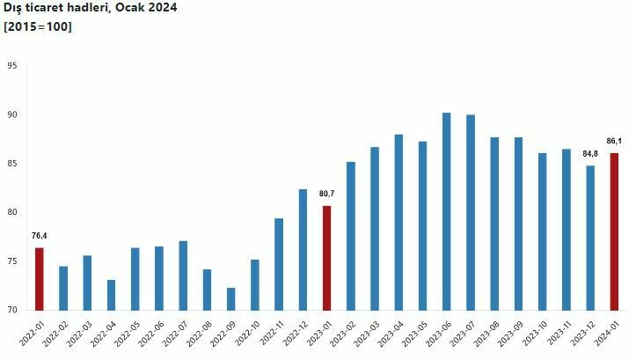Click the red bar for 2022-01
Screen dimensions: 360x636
[x=39, y=279]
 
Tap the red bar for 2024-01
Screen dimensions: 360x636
[x=614, y=231]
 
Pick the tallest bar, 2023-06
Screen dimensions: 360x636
[x=446, y=211]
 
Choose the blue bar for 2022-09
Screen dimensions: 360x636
[x=230, y=298]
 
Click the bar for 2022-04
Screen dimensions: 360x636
[x=111, y=295]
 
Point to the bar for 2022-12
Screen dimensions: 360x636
[x=303, y=249]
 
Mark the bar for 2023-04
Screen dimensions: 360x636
[x=398, y=222]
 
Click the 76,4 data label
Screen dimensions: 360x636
[x=39, y=235]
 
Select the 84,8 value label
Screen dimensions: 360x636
[x=589, y=153]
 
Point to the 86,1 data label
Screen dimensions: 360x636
[x=614, y=141]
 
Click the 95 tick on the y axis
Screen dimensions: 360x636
[x=12, y=66]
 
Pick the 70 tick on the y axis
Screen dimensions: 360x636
[x=12, y=310]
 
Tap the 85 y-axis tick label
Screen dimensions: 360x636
[x=12, y=164]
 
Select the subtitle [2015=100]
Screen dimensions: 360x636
[x=38, y=26]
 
